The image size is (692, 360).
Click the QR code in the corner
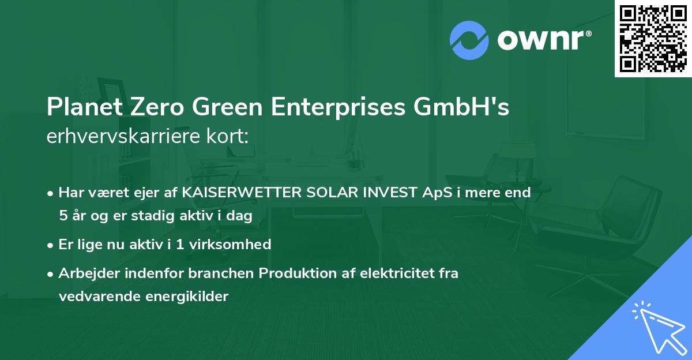point(653,38)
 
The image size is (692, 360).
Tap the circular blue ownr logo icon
point(469,40)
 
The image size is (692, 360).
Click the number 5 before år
point(63,216)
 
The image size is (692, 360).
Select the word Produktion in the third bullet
point(295,273)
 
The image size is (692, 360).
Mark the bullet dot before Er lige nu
point(51,245)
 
